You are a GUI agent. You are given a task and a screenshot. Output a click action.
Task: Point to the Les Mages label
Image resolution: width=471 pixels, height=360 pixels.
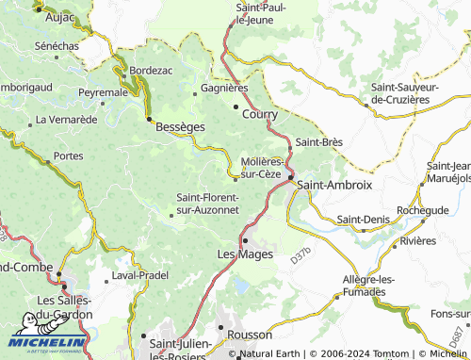pos(245,254)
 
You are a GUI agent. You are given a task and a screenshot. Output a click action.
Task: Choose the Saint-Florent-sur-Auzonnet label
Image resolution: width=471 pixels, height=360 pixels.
pos(208,204)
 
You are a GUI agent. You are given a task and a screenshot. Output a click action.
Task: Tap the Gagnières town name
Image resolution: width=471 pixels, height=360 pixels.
pos(224,88)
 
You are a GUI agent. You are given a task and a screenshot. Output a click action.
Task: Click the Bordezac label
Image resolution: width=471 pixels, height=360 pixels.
pos(152,71)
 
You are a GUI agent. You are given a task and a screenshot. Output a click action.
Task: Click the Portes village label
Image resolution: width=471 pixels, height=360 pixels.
pos(69,155)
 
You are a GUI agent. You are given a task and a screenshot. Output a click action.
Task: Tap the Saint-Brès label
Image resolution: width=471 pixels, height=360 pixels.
pos(318,142)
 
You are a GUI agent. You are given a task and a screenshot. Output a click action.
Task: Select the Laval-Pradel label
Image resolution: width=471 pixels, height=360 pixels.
pos(140,274)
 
